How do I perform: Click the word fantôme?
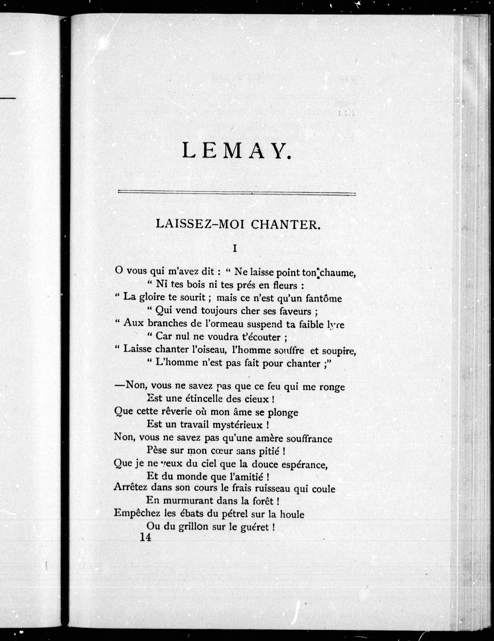[x=324, y=298]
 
